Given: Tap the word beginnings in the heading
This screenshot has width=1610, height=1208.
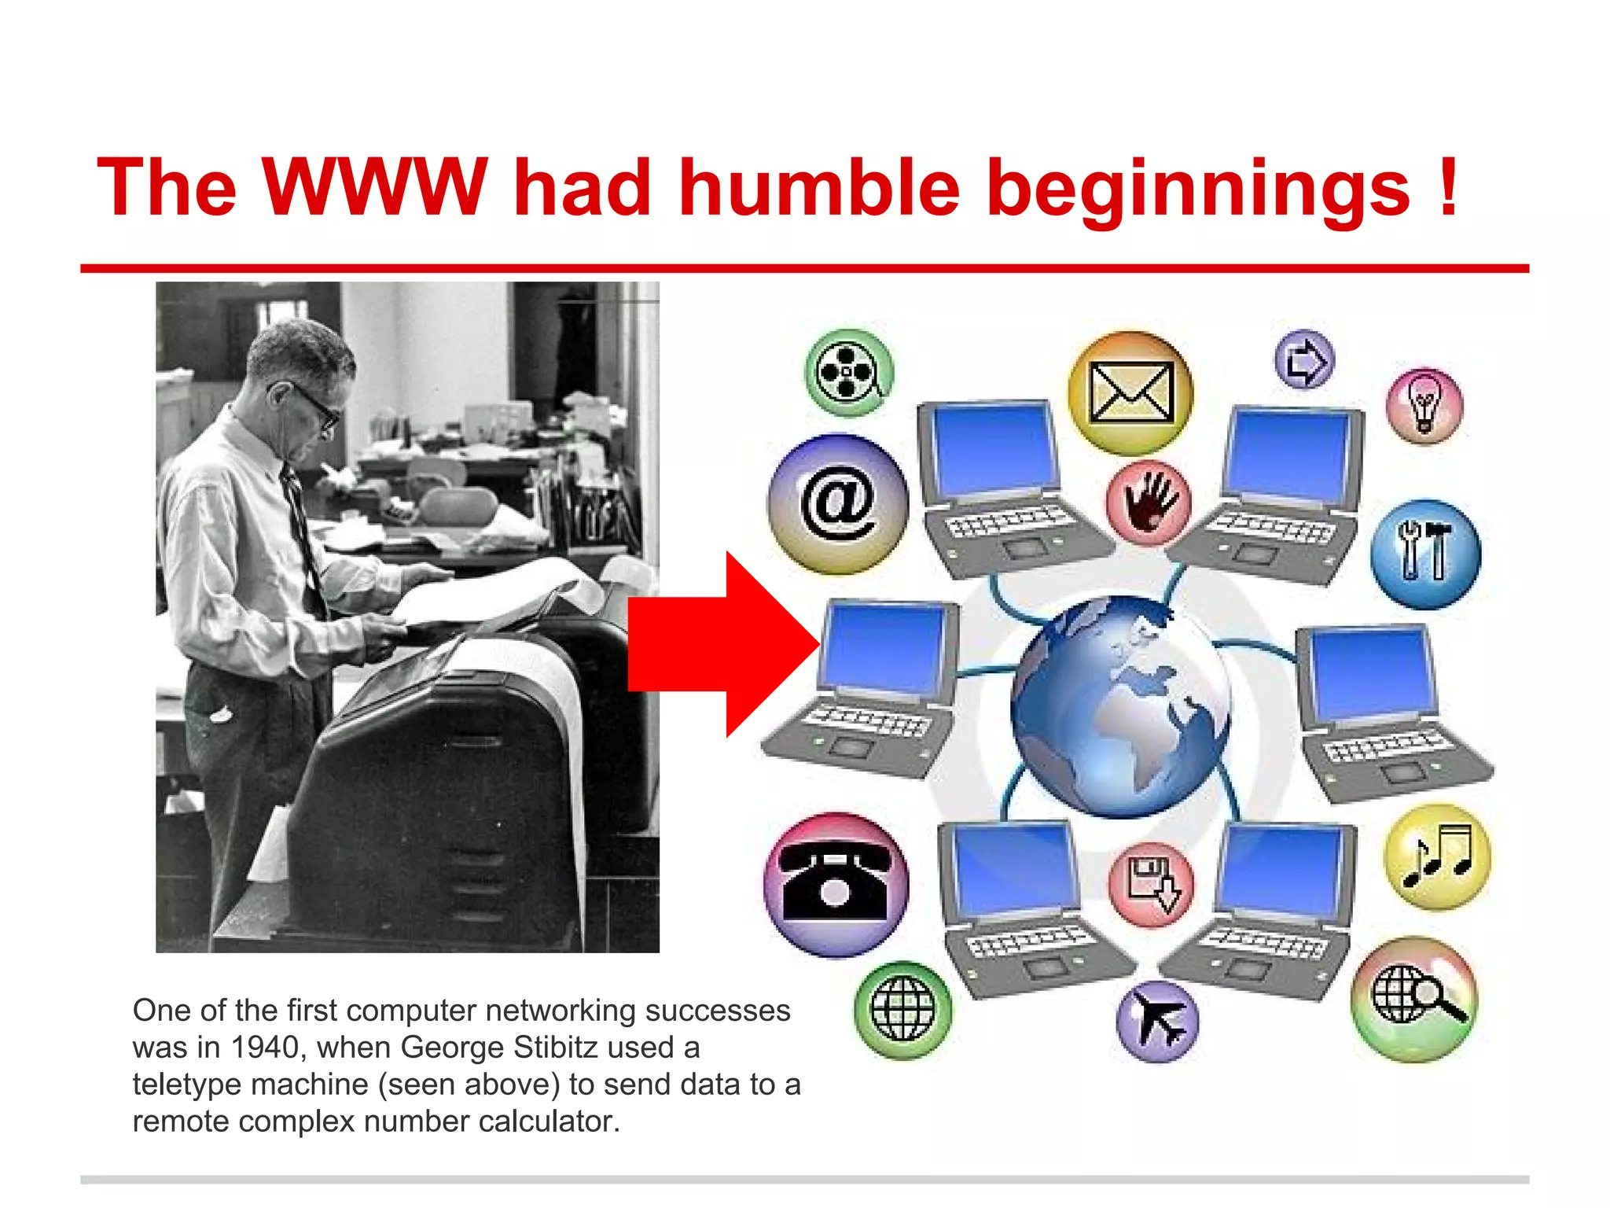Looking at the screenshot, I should (x=1197, y=189).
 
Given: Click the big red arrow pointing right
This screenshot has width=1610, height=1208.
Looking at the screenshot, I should (x=723, y=644).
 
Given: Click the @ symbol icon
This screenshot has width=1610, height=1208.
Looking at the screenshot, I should (x=838, y=503).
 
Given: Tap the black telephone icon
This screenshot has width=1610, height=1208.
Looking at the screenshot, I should (x=836, y=885).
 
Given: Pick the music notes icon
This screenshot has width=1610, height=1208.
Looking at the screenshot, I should (x=1437, y=856).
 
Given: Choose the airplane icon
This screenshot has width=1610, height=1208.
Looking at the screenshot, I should (x=1157, y=1022).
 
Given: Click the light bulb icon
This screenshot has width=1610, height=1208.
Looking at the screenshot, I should (x=1424, y=406).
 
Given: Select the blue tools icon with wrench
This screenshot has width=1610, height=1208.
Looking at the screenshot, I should (x=1425, y=554).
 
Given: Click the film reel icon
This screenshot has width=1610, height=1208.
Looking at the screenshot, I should (x=849, y=373).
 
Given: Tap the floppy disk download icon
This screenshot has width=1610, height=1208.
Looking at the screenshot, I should (x=1151, y=884).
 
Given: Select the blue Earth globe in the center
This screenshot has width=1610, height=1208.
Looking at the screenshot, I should (x=1120, y=706).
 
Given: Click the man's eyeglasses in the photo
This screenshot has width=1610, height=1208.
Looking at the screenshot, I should (x=314, y=403).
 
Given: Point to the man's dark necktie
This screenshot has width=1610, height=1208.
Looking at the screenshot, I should (x=303, y=535).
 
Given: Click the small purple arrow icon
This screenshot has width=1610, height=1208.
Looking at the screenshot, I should (x=1303, y=360).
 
